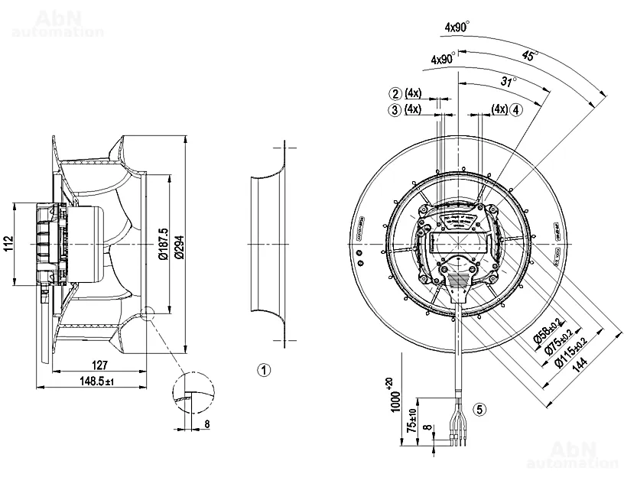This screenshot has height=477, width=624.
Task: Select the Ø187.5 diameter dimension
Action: click(x=163, y=244)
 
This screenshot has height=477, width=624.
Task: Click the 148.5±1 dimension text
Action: click(x=95, y=381)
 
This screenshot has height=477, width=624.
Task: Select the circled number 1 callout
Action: click(x=264, y=371)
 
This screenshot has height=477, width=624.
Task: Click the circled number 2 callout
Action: click(x=395, y=94)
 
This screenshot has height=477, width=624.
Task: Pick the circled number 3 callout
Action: click(x=395, y=109)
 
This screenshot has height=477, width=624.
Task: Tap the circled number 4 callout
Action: click(x=517, y=109)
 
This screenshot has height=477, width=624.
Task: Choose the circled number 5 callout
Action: click(x=479, y=409)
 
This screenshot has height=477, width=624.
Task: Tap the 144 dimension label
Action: click(x=587, y=365)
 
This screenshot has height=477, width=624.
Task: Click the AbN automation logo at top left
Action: click(x=57, y=23)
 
